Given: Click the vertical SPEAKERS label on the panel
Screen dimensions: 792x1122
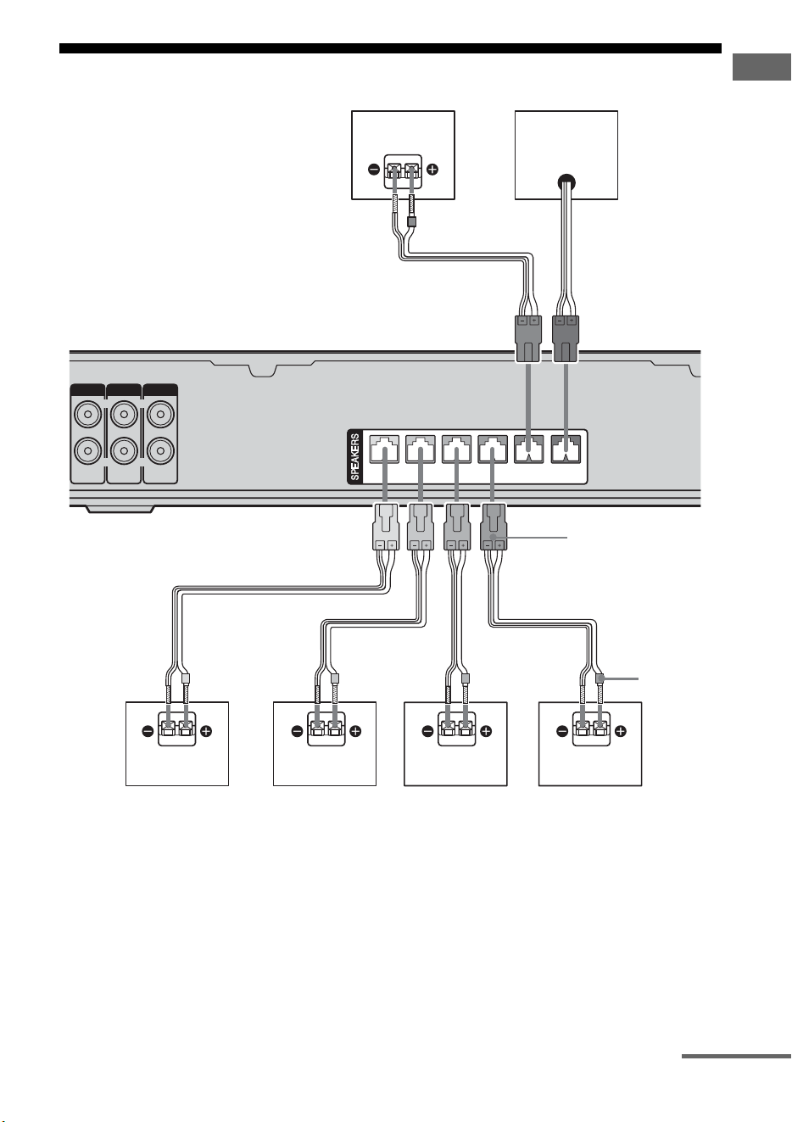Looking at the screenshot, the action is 355,456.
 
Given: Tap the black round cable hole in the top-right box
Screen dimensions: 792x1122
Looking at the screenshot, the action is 566,182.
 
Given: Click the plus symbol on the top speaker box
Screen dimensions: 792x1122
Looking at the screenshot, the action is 432,170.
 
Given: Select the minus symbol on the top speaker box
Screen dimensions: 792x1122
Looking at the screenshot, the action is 374,170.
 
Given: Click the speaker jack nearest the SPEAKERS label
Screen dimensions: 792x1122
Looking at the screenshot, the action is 384,449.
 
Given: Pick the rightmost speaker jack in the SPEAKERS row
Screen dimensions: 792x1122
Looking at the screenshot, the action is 566,449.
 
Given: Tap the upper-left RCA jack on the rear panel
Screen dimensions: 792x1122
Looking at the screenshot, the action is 87,415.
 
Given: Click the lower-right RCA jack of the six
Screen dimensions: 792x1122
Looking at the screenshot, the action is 160,451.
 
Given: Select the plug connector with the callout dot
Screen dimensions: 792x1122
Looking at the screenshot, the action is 493,527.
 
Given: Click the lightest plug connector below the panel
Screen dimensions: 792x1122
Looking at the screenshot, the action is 386,527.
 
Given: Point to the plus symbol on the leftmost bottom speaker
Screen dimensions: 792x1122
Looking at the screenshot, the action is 206,731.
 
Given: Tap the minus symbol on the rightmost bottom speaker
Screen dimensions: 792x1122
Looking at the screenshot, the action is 562,731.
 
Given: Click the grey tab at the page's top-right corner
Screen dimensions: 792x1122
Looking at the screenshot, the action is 761,67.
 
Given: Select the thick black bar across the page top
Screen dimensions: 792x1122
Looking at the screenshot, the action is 390,48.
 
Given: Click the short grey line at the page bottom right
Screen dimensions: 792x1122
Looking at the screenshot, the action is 736,1057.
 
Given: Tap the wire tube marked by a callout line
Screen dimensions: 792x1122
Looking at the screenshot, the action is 600,678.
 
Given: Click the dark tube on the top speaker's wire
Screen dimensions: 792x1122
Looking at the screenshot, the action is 412,221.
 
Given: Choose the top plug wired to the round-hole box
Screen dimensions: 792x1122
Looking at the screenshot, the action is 566,338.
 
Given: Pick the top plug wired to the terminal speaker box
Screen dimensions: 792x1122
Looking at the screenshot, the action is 528,338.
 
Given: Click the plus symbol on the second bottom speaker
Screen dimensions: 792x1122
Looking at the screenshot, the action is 355,731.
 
